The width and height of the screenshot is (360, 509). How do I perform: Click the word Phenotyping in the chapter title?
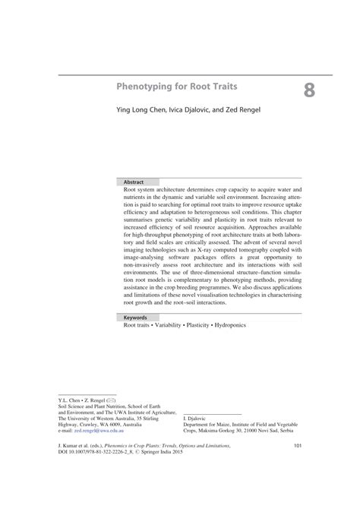click(141, 87)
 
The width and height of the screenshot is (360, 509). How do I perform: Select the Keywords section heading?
click(137, 317)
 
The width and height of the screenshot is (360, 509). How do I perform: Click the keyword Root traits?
click(137, 325)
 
